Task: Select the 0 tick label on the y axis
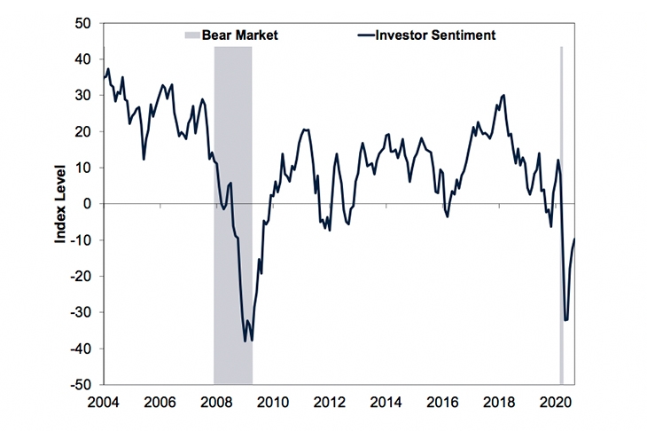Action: click(x=88, y=204)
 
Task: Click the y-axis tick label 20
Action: click(x=83, y=131)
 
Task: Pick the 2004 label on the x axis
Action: click(x=104, y=401)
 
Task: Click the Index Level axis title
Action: click(x=60, y=204)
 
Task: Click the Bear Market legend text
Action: click(x=240, y=35)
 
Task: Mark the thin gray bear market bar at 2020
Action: click(x=561, y=213)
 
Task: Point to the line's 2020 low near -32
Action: click(x=565, y=320)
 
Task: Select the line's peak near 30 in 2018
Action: click(x=504, y=95)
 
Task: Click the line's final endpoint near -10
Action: click(x=575, y=239)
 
